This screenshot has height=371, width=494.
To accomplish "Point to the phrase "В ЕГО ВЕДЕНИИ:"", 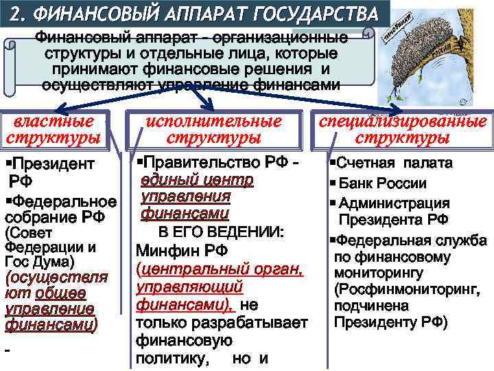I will point(221,232).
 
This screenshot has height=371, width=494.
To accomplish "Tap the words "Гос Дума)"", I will point(34,262).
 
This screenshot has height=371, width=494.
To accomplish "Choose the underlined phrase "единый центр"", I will point(198,180).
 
